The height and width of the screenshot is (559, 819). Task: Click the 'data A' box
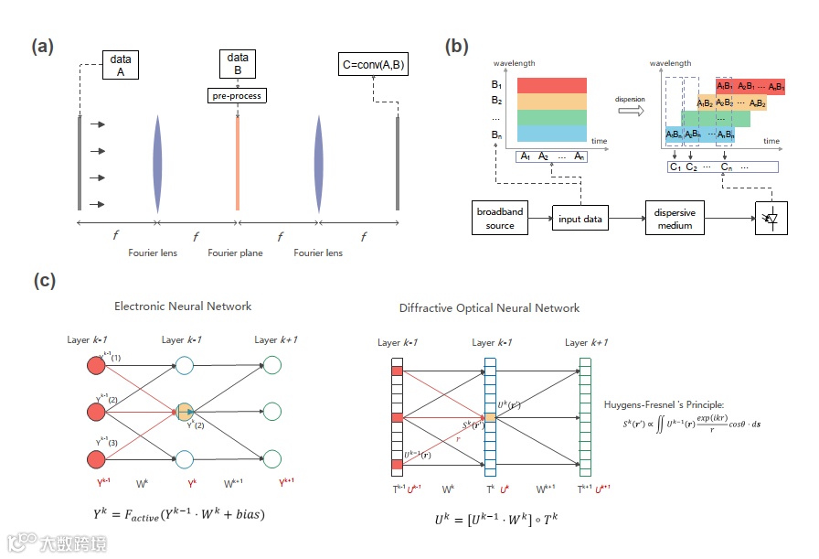point(122,66)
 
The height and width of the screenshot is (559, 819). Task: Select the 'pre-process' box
point(237,95)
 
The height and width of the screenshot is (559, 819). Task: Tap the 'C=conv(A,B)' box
point(373,64)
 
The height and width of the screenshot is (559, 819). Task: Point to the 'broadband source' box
point(500,218)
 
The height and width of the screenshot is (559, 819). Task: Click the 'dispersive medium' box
point(675,218)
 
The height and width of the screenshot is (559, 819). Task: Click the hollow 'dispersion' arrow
point(630,109)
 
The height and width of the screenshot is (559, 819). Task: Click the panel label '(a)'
point(42,47)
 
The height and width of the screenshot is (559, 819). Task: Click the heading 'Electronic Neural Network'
point(183,306)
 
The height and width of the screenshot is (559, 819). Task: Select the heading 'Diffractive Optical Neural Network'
point(489,308)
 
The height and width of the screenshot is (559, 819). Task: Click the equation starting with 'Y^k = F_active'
point(179,514)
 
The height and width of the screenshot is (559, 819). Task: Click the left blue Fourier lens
point(157,164)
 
